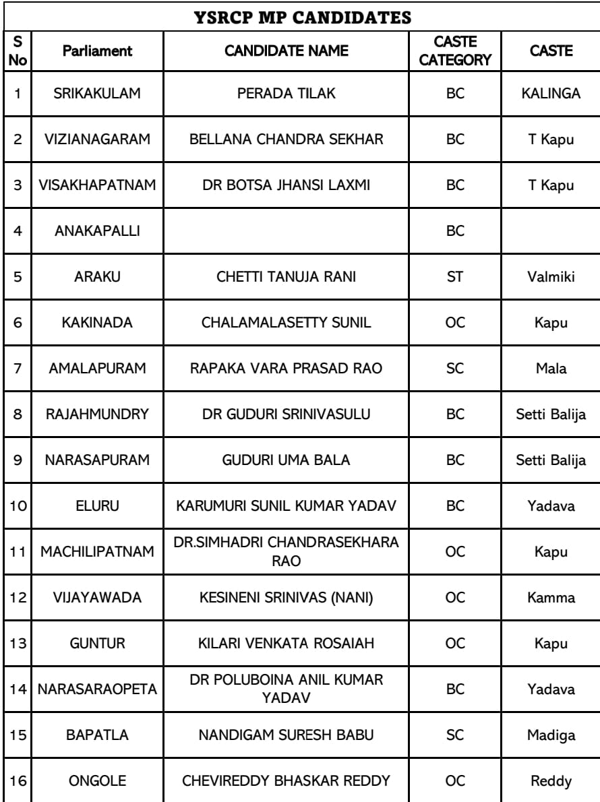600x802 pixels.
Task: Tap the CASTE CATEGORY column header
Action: coord(456,51)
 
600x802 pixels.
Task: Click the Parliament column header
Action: coord(97,51)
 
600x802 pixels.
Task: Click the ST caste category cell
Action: coord(456,276)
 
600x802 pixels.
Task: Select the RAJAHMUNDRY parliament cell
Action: coord(97,414)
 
